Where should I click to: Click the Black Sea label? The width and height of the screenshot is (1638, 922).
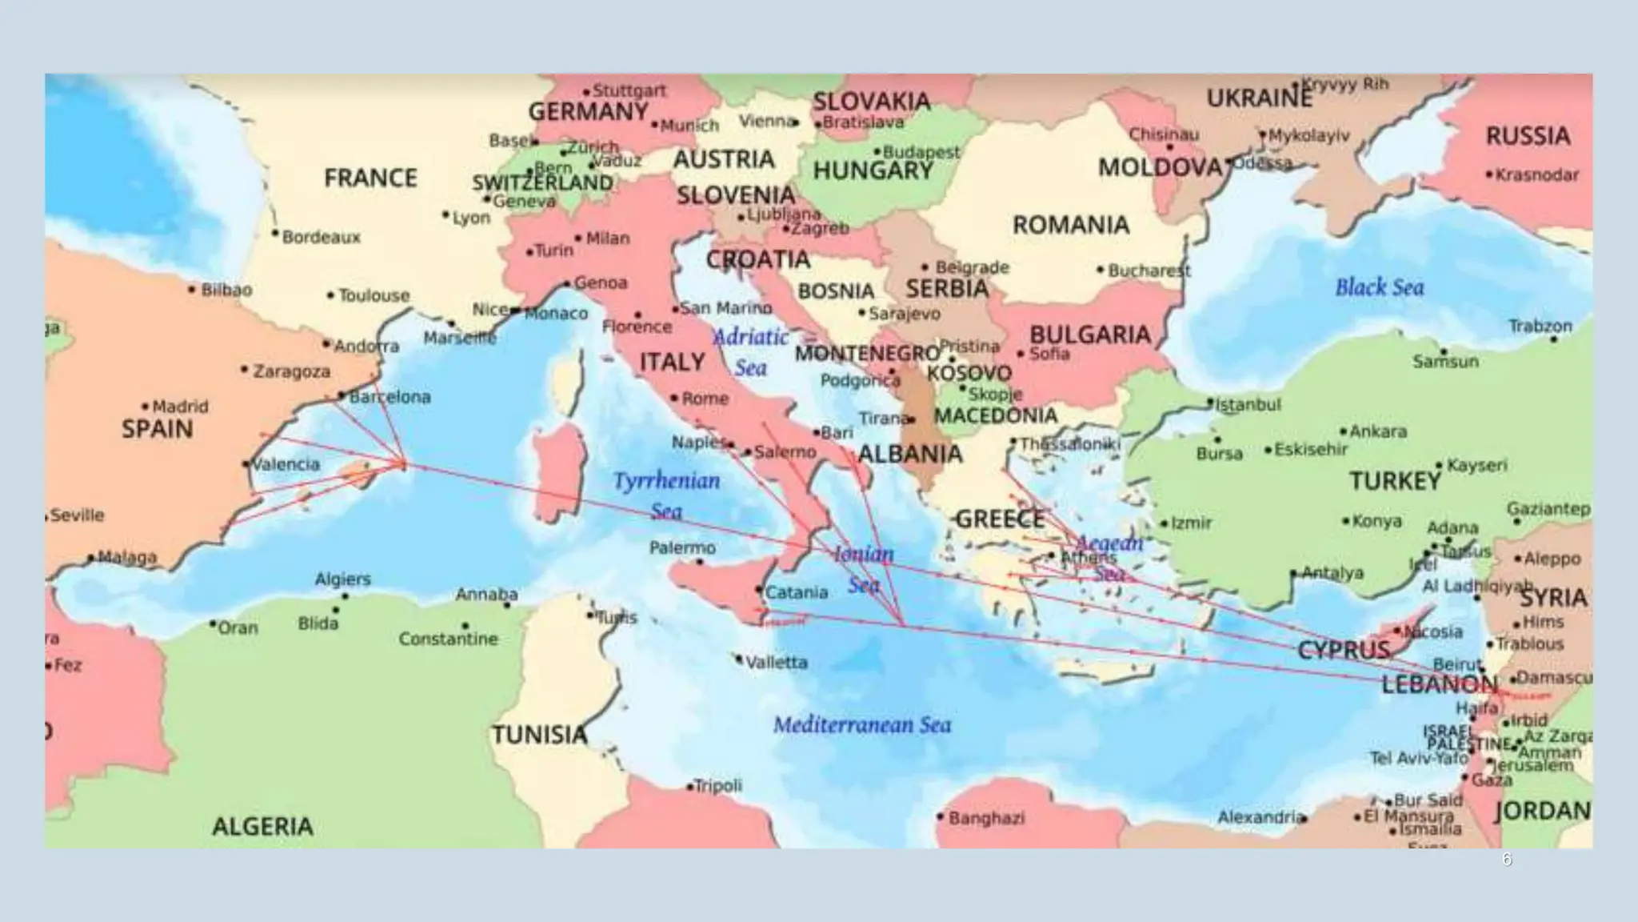click(x=1379, y=287)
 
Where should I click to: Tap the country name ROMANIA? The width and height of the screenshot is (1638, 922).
click(x=1071, y=225)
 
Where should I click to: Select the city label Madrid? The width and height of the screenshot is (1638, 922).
click(x=180, y=407)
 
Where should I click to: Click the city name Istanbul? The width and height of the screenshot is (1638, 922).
click(x=1248, y=405)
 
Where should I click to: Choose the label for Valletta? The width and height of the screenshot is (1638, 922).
click(x=776, y=663)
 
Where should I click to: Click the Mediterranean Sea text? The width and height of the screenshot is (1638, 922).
click(x=862, y=725)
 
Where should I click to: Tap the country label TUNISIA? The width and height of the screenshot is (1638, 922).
click(x=539, y=735)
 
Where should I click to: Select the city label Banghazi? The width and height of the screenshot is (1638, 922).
click(x=986, y=818)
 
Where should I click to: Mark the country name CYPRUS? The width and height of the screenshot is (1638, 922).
click(x=1343, y=650)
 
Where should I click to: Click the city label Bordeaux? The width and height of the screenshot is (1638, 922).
click(x=321, y=238)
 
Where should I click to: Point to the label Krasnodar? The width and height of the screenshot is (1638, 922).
click(x=1536, y=175)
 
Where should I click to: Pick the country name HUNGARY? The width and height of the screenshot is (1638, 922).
click(x=873, y=170)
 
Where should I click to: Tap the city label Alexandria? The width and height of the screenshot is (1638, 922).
click(x=1261, y=817)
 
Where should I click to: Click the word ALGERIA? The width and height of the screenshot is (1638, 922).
click(x=262, y=826)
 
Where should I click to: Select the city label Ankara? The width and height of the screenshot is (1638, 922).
click(x=1377, y=432)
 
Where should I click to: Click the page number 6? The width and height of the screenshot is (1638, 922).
click(x=1507, y=860)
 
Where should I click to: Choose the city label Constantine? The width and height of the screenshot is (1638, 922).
click(x=448, y=639)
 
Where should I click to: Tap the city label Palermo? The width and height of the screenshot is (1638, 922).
click(x=682, y=548)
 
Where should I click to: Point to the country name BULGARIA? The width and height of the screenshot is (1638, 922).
click(x=1089, y=335)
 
